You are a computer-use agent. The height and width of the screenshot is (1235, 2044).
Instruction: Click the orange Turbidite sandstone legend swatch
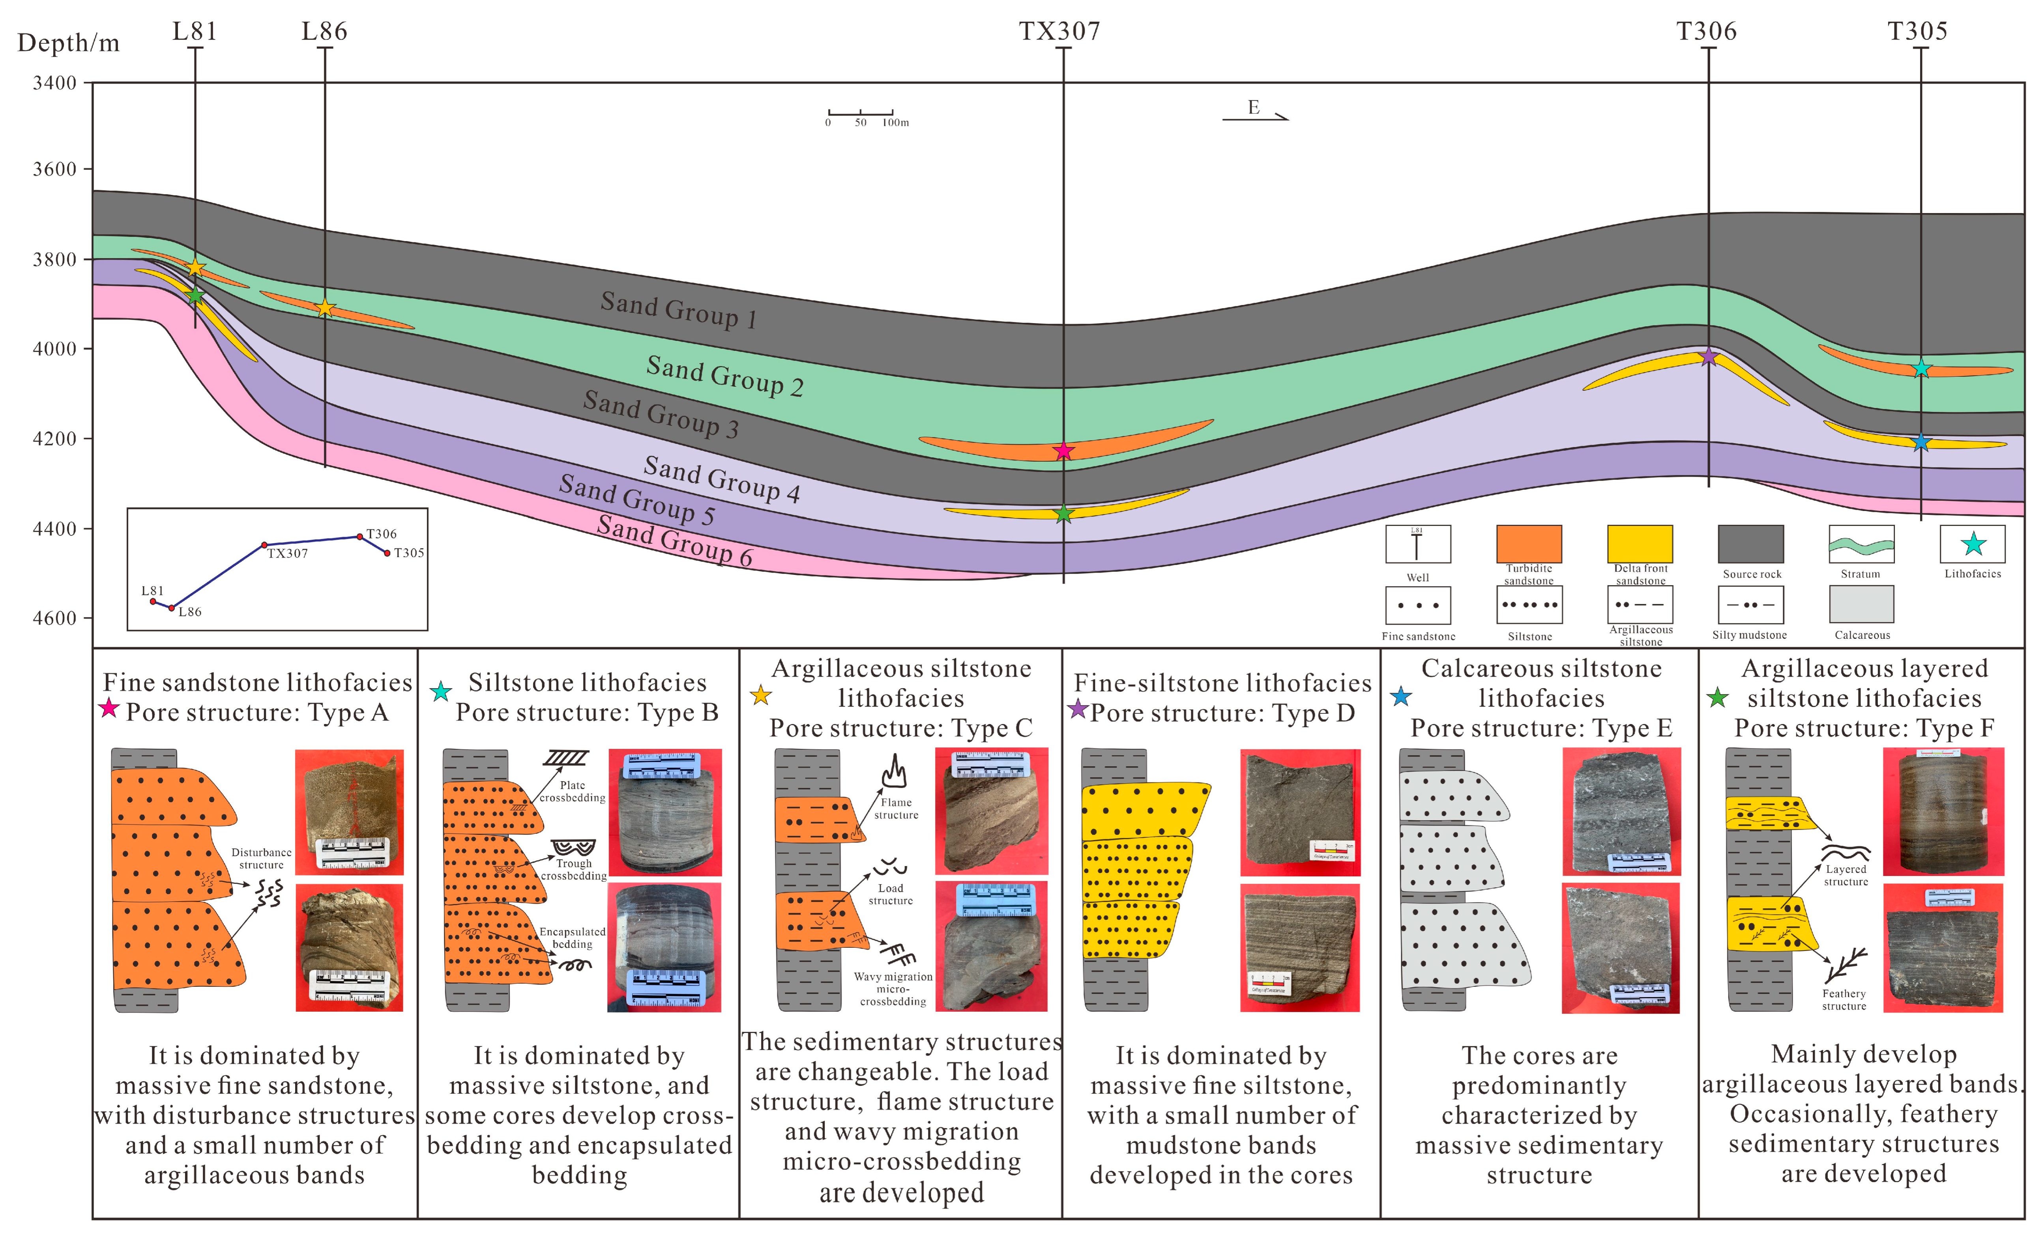click(x=1529, y=543)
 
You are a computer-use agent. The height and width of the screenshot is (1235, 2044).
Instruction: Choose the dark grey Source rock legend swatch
click(x=1750, y=543)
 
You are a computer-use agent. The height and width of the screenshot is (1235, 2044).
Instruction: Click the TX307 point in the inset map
click(x=265, y=545)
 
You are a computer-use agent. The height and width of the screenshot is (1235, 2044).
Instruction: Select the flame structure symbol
click(x=893, y=771)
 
